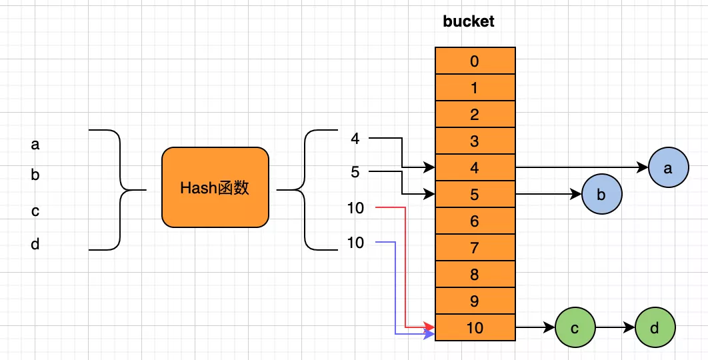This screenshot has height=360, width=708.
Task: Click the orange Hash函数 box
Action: click(215, 187)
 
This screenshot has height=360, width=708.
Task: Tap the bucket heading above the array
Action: click(469, 21)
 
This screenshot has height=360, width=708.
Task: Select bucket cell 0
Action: click(475, 61)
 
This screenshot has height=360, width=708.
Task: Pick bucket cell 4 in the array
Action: click(475, 168)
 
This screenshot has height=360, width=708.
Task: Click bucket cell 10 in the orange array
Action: click(475, 328)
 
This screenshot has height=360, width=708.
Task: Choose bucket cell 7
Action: click(475, 248)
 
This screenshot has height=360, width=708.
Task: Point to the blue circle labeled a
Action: click(668, 168)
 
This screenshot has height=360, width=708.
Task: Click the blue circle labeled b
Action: click(601, 195)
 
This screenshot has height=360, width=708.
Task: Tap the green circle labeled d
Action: click(655, 328)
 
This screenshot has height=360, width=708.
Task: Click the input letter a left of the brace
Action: click(35, 144)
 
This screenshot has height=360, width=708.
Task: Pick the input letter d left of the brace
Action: click(35, 245)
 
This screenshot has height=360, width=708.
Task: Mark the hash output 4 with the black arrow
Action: click(355, 139)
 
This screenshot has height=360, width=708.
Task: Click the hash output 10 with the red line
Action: click(355, 208)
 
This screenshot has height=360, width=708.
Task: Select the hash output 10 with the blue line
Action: click(355, 243)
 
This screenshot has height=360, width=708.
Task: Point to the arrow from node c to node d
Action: click(615, 328)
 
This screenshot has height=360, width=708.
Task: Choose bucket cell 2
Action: click(475, 115)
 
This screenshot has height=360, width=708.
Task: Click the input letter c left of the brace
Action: click(35, 211)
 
